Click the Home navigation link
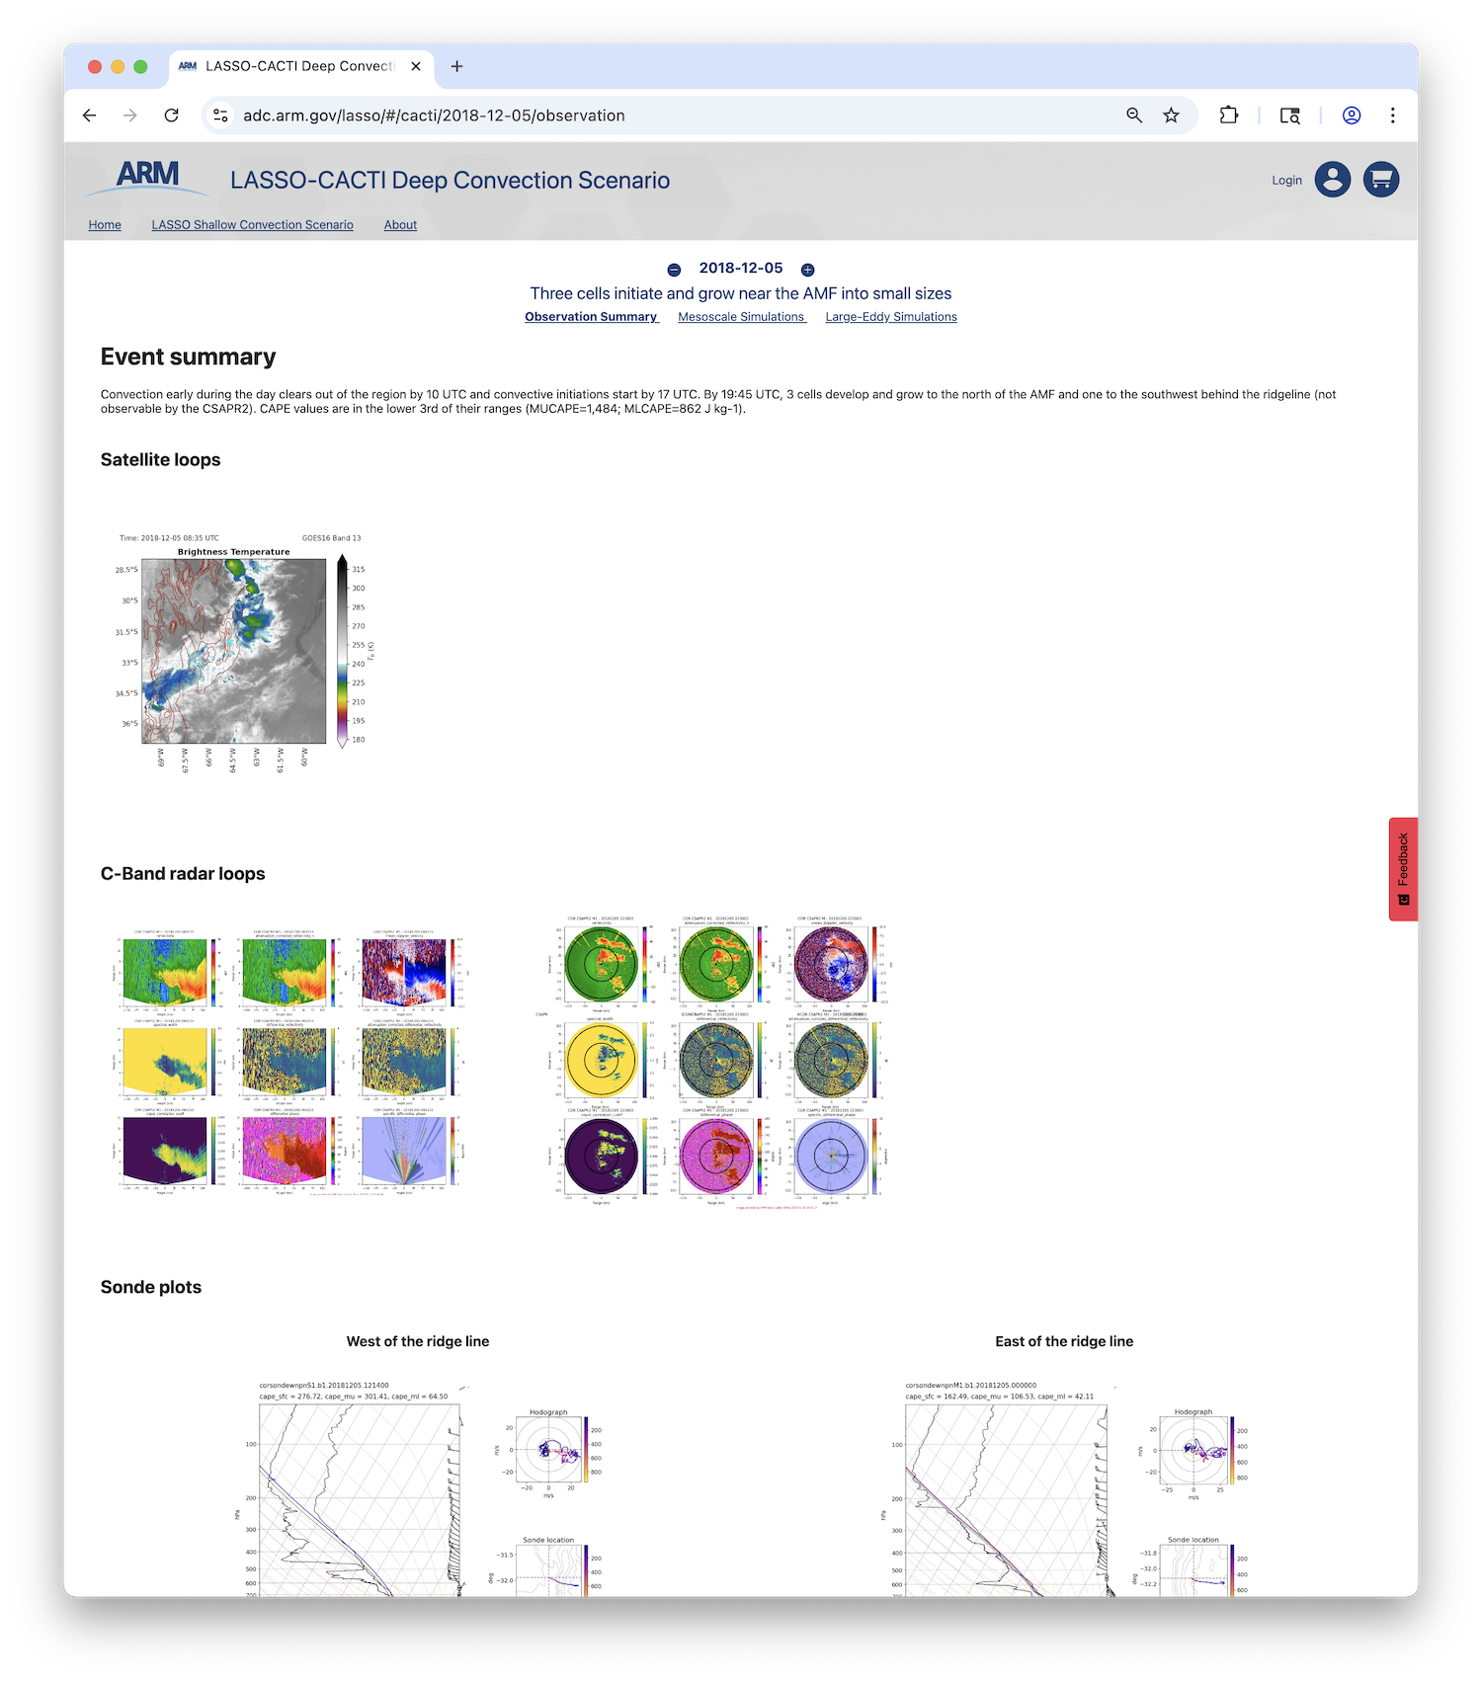[105, 225]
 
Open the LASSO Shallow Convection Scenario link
[252, 225]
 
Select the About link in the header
[400, 225]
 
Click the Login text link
[1286, 181]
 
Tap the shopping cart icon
[1381, 180]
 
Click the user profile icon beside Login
[1332, 180]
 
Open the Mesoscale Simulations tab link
[741, 317]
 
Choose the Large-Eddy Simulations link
[891, 317]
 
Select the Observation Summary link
[591, 317]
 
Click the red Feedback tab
[1403, 869]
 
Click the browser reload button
[172, 116]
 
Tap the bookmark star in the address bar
[1171, 116]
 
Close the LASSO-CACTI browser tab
[416, 66]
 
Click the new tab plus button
[456, 66]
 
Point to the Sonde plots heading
[151, 1287]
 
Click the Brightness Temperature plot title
[233, 552]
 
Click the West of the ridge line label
[418, 1341]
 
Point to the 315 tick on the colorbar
[358, 570]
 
